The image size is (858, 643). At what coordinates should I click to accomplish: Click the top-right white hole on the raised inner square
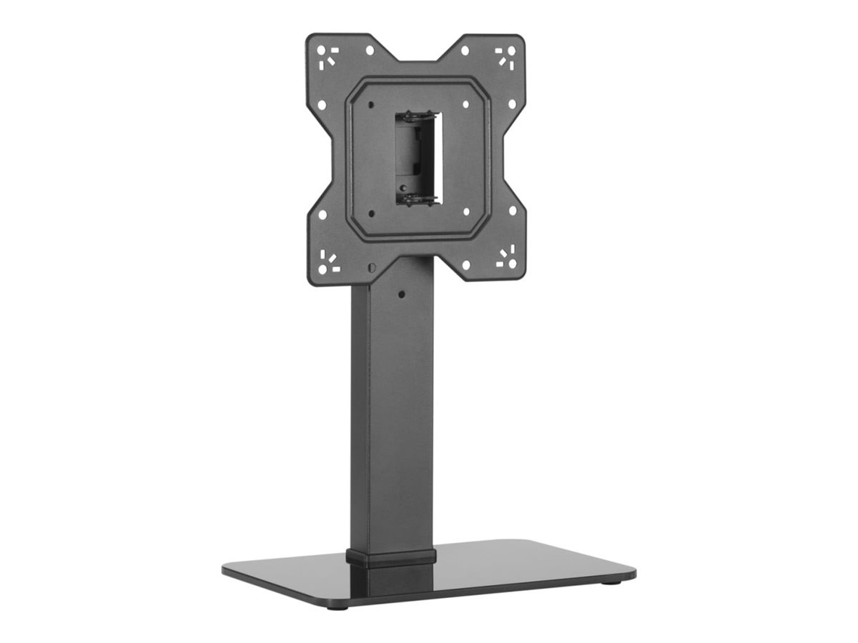(466, 104)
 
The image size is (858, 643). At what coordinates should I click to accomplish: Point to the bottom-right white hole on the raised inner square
(466, 212)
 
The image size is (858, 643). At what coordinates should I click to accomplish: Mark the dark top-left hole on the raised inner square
(371, 105)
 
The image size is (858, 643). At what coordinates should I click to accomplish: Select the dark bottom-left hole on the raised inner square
(371, 213)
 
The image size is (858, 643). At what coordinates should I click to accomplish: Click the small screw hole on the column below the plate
(401, 294)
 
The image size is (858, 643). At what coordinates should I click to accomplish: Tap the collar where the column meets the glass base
(392, 557)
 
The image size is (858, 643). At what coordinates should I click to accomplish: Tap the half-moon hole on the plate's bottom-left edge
(371, 267)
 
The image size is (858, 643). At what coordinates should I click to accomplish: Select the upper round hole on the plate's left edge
(322, 104)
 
